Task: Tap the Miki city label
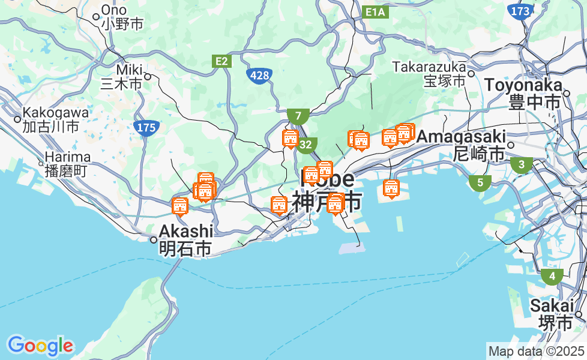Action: tap(122, 77)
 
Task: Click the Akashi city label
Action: tap(186, 239)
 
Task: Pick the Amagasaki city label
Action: tap(461, 145)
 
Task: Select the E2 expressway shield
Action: tap(222, 61)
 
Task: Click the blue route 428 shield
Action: tap(259, 75)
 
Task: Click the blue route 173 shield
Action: tap(519, 11)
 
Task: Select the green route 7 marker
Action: tap(298, 115)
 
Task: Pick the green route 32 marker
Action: tap(306, 145)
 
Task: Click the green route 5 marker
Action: tap(480, 183)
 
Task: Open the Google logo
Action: tap(40, 346)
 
